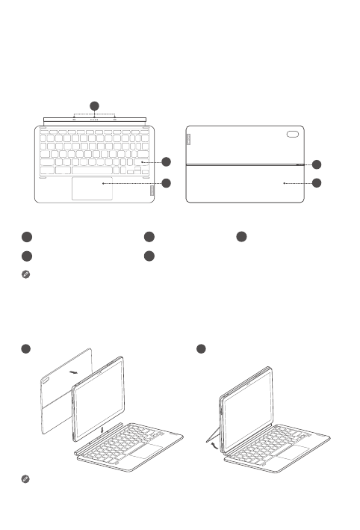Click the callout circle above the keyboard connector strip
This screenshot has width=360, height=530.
(94, 105)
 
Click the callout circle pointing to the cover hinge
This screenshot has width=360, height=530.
(317, 164)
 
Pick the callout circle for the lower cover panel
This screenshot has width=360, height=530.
(317, 182)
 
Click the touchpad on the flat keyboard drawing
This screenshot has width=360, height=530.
(93, 188)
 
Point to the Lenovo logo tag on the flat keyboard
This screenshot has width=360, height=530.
(154, 191)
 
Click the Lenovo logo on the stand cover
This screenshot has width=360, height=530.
(189, 139)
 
